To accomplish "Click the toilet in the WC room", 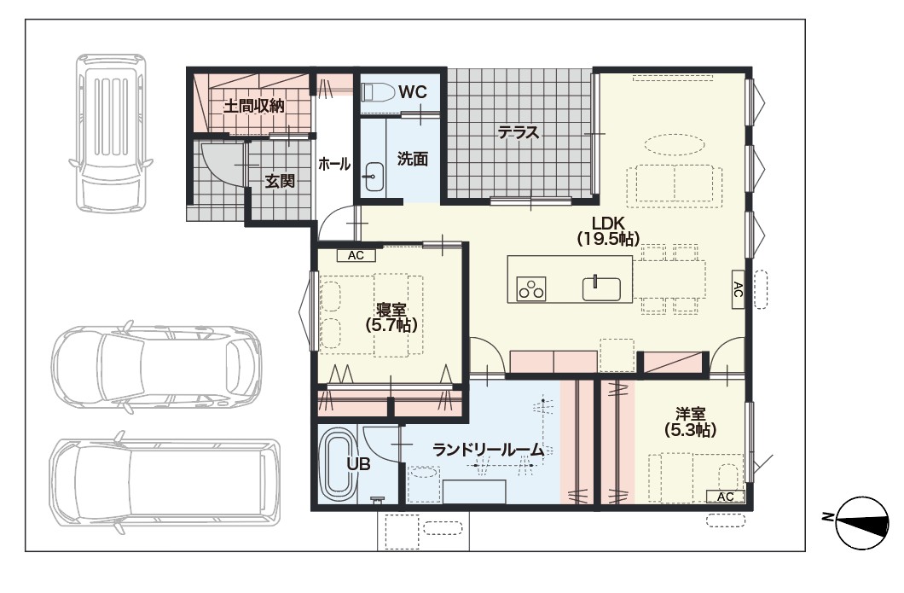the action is (x=378, y=91).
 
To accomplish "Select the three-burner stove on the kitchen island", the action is (x=531, y=288).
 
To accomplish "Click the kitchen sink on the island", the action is (x=601, y=288).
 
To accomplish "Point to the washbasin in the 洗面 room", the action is (x=374, y=177).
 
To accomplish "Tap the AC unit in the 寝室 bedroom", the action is (x=356, y=255).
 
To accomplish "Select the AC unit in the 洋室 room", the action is (x=725, y=496).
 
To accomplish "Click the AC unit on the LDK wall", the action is (x=738, y=289).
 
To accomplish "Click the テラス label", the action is (x=519, y=132).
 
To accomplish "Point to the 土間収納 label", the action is (x=253, y=106).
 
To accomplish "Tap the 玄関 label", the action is (x=280, y=181).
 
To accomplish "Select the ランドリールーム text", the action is (x=488, y=450).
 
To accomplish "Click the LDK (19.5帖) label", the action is (x=608, y=230).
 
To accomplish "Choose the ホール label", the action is (x=334, y=164).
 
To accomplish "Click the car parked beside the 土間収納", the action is (x=111, y=132).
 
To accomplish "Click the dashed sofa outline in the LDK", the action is (x=675, y=186).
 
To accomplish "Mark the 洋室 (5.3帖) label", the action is (x=690, y=421).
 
